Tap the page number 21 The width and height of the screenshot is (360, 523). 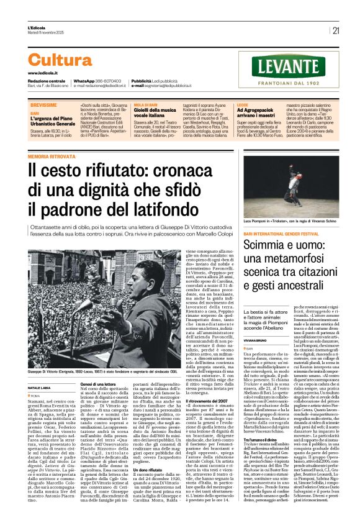pos(336,30)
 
